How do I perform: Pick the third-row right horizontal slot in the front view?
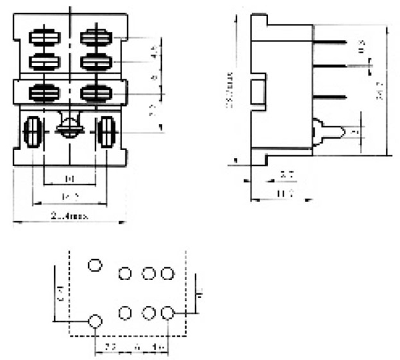tap(94, 93)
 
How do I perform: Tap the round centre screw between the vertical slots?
tap(69, 127)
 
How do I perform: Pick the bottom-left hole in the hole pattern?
tap(95, 322)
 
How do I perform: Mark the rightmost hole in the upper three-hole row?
tap(167, 273)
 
